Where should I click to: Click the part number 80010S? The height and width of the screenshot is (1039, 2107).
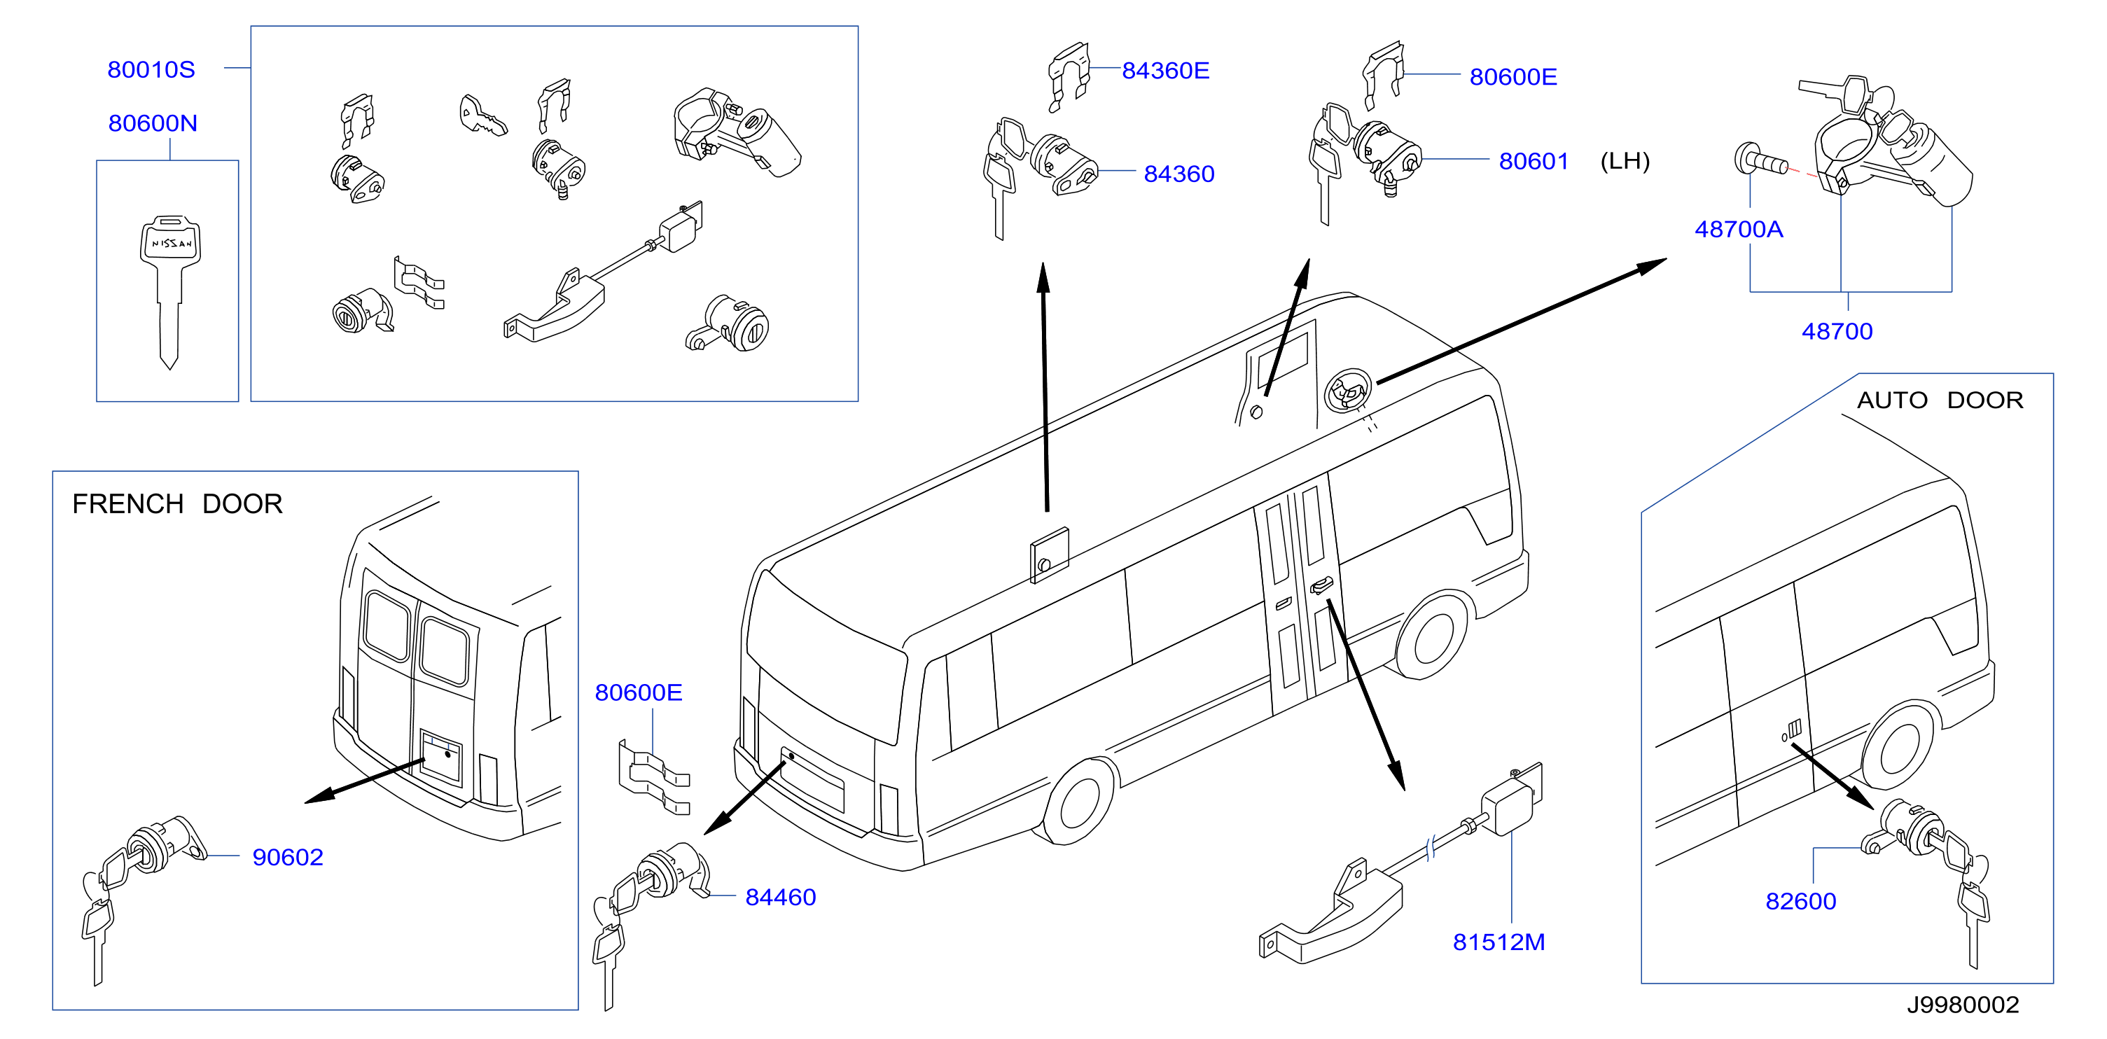coord(151,69)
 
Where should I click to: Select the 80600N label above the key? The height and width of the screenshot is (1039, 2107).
coord(153,123)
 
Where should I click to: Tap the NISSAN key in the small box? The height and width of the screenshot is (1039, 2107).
coord(170,291)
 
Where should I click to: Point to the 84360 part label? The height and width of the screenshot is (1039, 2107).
coord(1179,174)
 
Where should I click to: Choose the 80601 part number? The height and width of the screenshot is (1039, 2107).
coord(1534,161)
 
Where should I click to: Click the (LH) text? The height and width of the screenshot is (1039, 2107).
coord(1625,160)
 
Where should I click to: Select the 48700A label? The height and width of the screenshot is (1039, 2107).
coord(1739,229)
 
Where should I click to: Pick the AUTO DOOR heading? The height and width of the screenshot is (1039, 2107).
coord(1940,400)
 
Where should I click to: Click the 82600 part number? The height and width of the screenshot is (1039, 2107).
coord(1801,902)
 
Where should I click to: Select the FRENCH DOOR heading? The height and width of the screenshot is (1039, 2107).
coord(177,504)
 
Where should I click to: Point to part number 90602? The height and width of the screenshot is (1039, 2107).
coord(288,858)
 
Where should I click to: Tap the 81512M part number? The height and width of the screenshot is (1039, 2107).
coord(1499,942)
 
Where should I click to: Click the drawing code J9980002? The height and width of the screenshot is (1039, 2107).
coord(1963,1005)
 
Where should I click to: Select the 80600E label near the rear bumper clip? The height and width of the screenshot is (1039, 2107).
coord(639,693)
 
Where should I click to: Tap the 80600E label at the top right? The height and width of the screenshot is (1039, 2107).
coord(1513,77)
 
